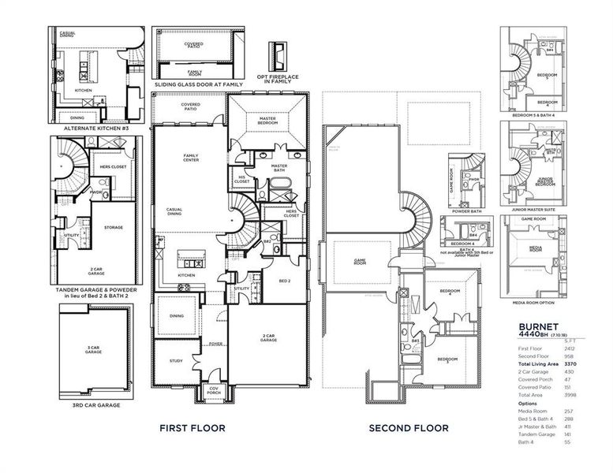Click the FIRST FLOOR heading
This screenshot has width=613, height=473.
(192, 428)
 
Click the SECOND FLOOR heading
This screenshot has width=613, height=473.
(409, 428)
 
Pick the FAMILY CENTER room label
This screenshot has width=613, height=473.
(191, 157)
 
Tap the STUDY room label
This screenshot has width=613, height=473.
(176, 361)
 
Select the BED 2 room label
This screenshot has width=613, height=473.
(286, 281)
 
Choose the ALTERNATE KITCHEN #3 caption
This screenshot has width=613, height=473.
(96, 125)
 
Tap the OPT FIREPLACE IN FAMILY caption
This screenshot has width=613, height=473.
(277, 79)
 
